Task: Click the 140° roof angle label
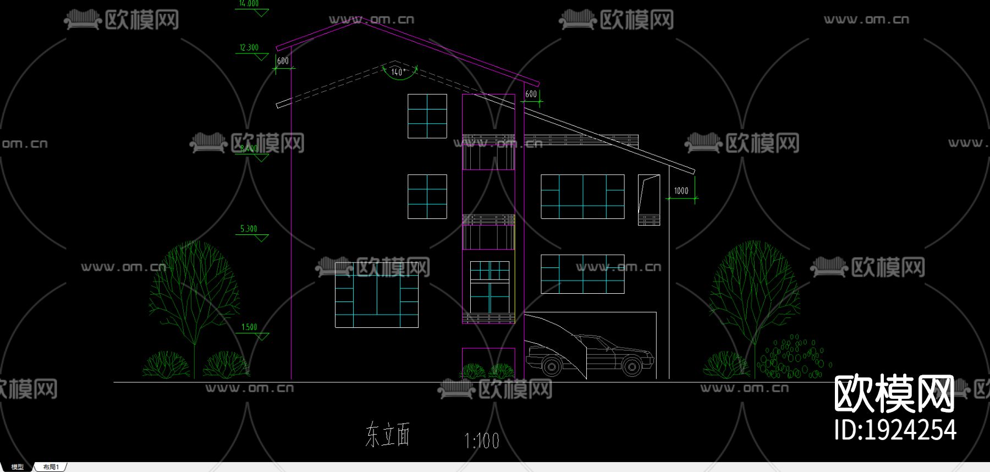tap(398, 72)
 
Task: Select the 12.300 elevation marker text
tap(249, 48)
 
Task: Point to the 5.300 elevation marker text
tap(249, 229)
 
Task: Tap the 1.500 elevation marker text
tap(249, 327)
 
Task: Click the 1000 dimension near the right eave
tap(681, 191)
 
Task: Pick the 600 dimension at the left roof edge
tap(283, 61)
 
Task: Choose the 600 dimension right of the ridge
tap(531, 94)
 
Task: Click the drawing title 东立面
tap(388, 435)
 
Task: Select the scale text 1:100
tap(482, 441)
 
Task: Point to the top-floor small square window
tap(427, 116)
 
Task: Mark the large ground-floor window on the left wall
tap(377, 295)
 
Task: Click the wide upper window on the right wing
tap(582, 196)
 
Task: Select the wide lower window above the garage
tap(582, 274)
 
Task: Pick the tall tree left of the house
tap(194, 292)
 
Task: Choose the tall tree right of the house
tap(754, 292)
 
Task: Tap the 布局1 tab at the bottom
tap(51, 467)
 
